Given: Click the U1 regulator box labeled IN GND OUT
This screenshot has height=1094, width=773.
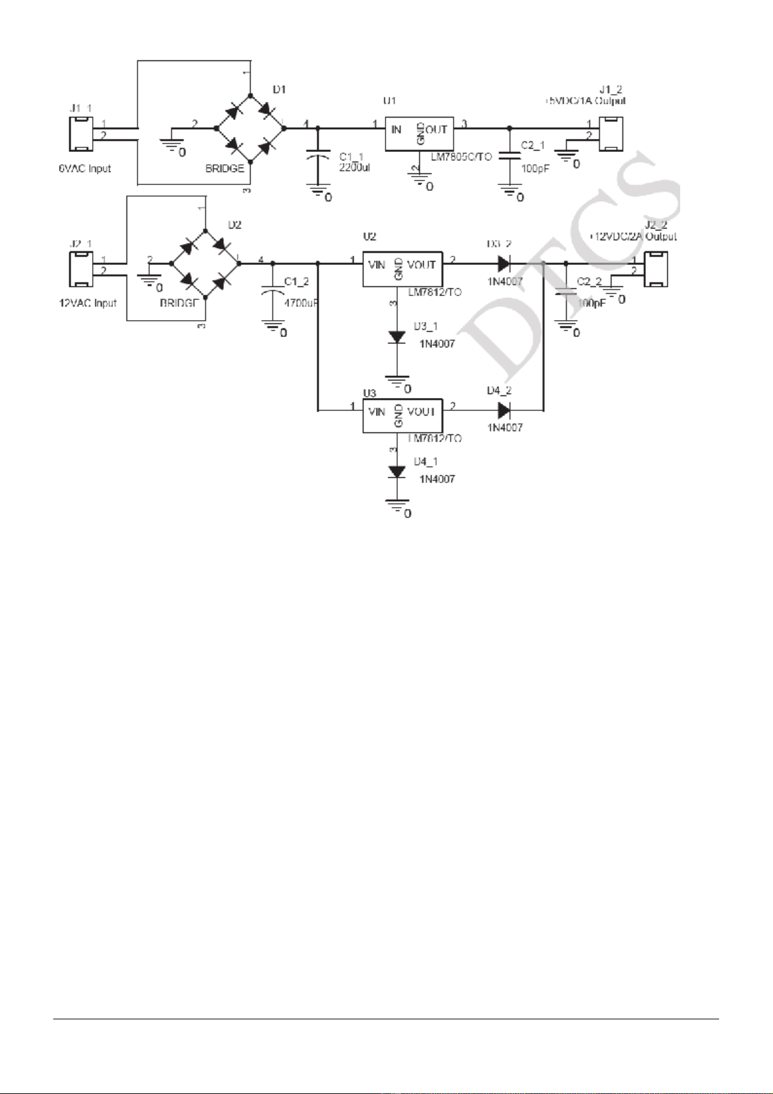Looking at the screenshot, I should click(x=419, y=133).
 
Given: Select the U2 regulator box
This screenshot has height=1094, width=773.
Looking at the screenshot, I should click(x=402, y=268).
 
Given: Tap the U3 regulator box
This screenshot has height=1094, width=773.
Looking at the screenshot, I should click(x=402, y=416).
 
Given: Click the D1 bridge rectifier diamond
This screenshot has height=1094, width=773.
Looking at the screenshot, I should click(x=251, y=127).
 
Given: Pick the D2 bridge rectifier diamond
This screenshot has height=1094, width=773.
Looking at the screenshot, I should click(x=204, y=263).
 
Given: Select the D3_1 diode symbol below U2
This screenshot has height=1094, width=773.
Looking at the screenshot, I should click(x=397, y=337).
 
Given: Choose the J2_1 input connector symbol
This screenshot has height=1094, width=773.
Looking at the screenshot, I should click(x=81, y=269).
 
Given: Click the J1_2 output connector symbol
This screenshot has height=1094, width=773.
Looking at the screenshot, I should click(x=611, y=133).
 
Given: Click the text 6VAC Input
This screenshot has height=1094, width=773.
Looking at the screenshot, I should click(x=85, y=169).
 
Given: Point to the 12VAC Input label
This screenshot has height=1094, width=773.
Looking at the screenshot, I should click(x=88, y=303).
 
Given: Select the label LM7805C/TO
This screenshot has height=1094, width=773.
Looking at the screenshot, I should click(x=461, y=157).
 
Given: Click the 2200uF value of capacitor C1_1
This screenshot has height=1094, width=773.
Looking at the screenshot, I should click(x=354, y=167).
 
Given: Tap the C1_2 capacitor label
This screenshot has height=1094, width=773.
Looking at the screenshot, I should click(x=297, y=282).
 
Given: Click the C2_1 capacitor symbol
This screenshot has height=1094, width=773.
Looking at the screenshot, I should click(x=510, y=156).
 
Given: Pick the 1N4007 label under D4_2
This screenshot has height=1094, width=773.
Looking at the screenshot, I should click(x=505, y=428).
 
